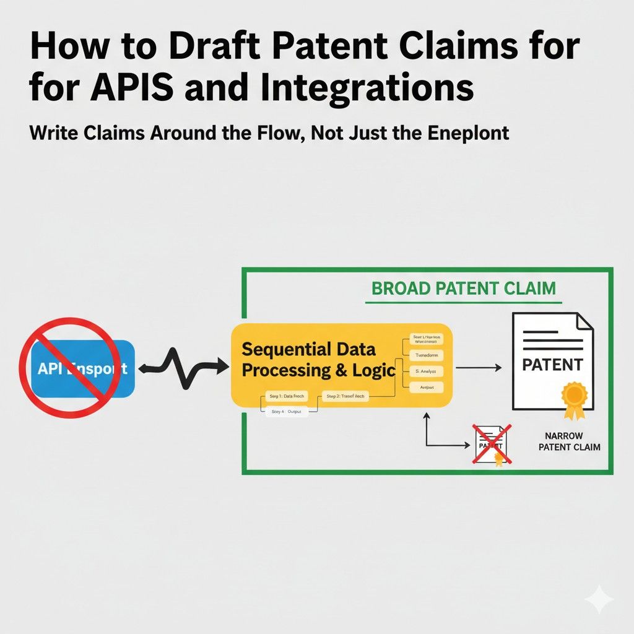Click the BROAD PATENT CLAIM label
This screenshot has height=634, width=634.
coord(463,289)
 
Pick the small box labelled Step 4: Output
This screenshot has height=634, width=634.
coord(287,410)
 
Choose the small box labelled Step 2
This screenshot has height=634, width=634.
coord(345,396)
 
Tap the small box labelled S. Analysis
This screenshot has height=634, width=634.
coord(427,372)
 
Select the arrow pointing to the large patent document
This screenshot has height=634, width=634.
coord(479,368)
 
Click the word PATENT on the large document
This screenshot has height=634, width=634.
coord(552,365)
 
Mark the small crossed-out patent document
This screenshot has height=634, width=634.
coord(492,445)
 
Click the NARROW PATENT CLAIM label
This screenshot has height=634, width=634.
coord(568,441)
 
